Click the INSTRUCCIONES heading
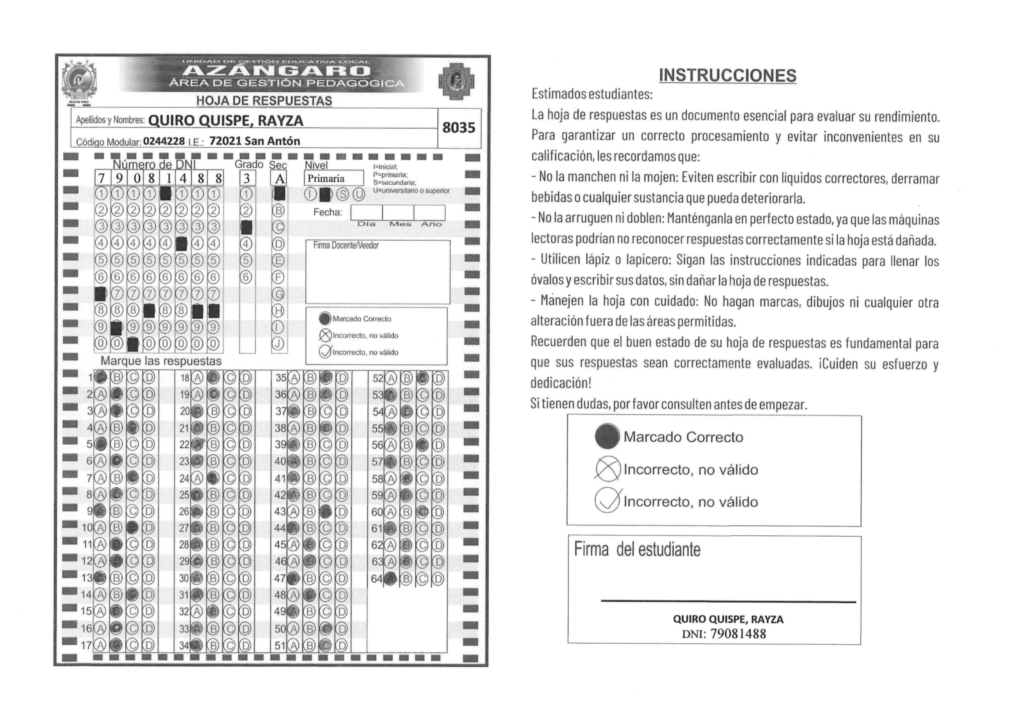727,75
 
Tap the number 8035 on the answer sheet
458,128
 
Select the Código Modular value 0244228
164,141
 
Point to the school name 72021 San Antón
255,141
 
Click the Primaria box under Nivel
334,178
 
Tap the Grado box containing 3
247,178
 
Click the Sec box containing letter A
279,178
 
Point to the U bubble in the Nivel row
358,194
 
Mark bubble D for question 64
438,579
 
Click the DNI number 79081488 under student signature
738,634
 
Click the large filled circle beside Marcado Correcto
607,436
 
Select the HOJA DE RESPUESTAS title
264,101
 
